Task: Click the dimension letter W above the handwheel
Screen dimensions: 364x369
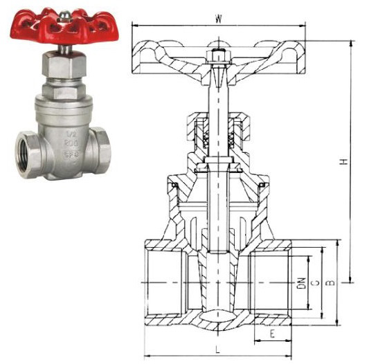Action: [218, 19]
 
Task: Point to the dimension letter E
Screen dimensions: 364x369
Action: [271, 333]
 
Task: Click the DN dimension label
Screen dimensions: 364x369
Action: [301, 282]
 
